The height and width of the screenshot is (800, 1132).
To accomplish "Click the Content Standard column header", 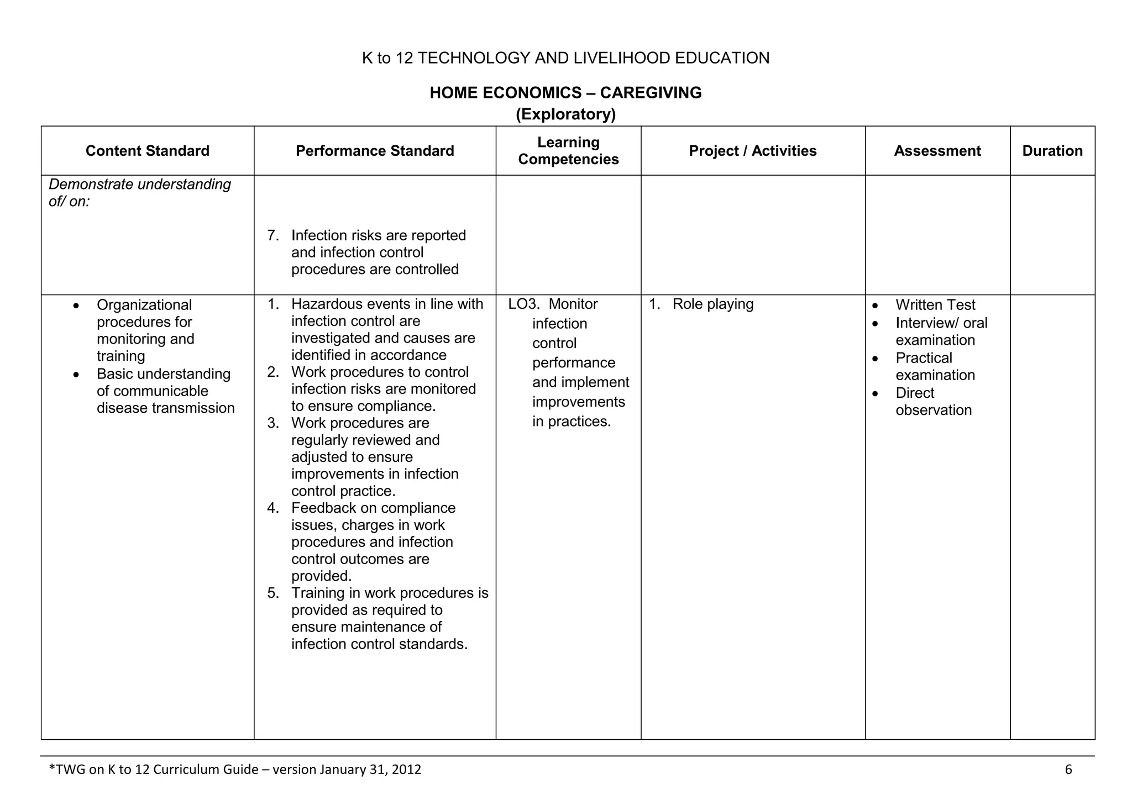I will tap(147, 151).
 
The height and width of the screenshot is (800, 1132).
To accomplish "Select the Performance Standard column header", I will tap(375, 151).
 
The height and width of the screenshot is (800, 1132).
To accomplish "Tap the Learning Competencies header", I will tap(568, 151).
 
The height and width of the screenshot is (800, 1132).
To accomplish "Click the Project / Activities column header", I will tap(752, 151).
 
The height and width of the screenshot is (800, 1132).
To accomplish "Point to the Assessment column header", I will tap(937, 151).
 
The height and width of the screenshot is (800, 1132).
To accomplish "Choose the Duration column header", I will tap(1052, 151).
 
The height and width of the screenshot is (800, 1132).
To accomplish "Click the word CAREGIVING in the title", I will tap(651, 92).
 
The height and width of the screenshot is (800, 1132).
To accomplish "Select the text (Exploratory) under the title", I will tap(565, 114).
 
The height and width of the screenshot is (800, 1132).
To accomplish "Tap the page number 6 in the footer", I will tap(1068, 770).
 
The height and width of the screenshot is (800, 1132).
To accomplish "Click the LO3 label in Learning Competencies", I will tap(523, 304).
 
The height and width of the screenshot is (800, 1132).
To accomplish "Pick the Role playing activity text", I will tap(712, 304).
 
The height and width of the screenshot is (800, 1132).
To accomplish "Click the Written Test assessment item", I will tap(935, 305).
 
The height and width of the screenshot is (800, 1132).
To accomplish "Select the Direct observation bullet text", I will tap(933, 402).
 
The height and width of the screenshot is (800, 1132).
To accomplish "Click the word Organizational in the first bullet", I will tap(144, 305).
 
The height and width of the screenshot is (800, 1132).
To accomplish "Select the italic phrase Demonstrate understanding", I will tap(140, 185).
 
